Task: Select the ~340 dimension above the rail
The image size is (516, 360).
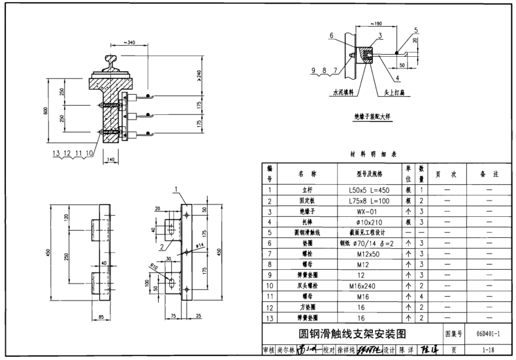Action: click(129, 43)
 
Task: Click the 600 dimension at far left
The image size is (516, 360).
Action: click(46, 110)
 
